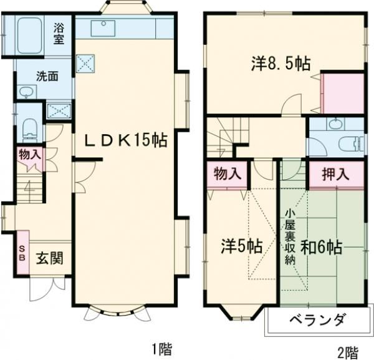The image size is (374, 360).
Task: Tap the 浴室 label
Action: pos(59,32)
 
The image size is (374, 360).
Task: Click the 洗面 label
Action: pos(47,77)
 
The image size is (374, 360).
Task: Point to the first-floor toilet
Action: pos(29,130)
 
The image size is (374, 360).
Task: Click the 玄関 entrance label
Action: pos(47,258)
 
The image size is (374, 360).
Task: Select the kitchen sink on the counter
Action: pos(103,28)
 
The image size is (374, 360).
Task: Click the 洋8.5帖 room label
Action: pos(281,62)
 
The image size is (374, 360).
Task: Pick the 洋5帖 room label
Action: pos(241,245)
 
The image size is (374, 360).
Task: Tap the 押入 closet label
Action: pos(335,174)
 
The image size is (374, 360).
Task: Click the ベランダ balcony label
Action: pos(317,320)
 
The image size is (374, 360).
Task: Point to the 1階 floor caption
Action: pos(161,349)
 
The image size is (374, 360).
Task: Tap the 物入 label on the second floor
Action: pos(227,173)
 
